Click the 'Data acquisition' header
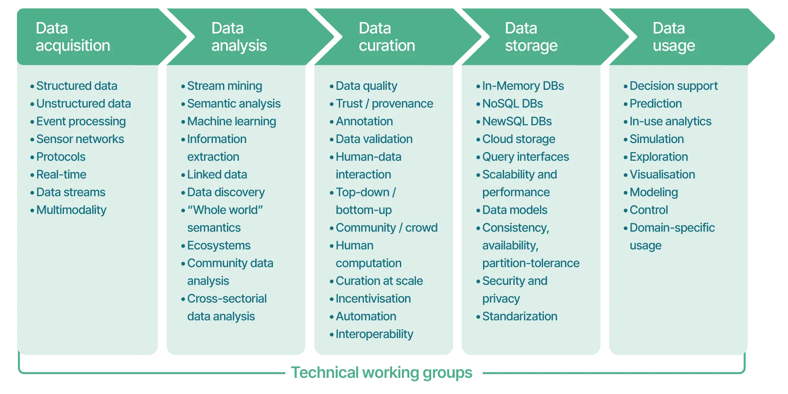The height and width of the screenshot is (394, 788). (73, 37)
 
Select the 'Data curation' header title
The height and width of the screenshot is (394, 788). (387, 37)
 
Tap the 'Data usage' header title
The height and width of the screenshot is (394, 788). (673, 37)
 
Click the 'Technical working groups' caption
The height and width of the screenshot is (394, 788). (381, 373)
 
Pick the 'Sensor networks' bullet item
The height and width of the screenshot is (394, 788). (80, 139)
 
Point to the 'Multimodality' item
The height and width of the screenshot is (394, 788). (71, 210)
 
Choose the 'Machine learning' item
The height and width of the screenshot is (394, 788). (231, 121)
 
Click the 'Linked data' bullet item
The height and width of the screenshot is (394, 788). (217, 175)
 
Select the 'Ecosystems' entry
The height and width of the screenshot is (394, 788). (219, 245)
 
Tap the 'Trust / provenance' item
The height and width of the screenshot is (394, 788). (384, 104)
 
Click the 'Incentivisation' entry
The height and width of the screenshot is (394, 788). (373, 299)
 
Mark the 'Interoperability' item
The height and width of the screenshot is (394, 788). (374, 334)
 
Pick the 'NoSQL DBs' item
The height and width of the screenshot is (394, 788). (512, 104)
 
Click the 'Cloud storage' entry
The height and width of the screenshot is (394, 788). (519, 139)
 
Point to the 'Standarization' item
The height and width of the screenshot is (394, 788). (520, 316)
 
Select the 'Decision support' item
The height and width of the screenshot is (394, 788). (673, 86)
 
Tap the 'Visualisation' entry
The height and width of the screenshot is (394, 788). (662, 175)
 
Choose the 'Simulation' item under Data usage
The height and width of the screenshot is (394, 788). (656, 139)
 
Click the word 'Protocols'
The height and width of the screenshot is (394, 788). (61, 157)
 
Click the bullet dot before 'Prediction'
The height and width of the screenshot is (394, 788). (625, 104)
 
